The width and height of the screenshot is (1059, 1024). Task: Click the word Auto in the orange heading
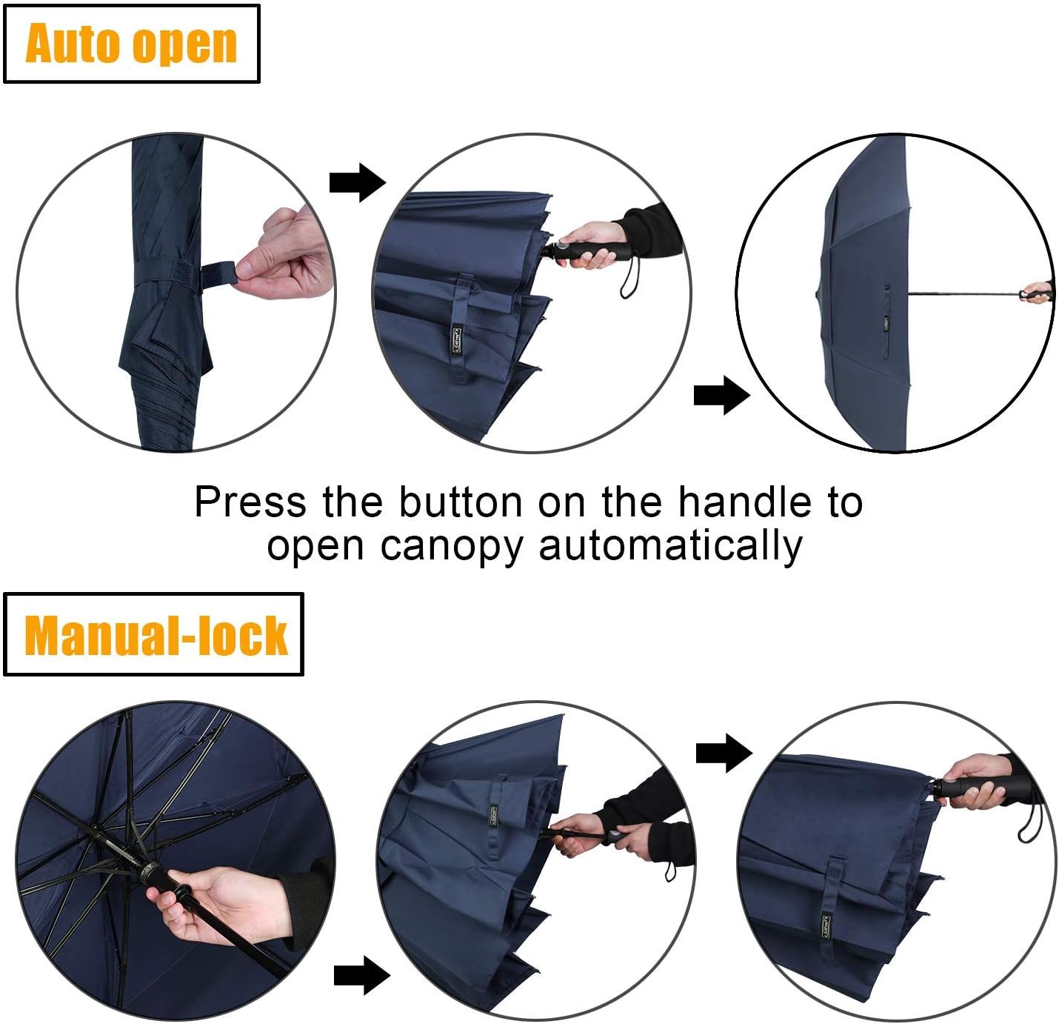[x=73, y=44]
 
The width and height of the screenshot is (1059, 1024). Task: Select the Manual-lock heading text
[x=155, y=635]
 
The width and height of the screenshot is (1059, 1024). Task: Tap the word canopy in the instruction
[x=451, y=546]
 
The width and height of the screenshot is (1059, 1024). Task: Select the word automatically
[x=670, y=546]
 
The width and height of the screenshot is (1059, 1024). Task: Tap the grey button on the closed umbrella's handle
[x=564, y=245]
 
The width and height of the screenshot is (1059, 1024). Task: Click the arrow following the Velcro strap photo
[x=357, y=182]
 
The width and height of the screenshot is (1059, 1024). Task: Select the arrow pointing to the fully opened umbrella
[x=721, y=396]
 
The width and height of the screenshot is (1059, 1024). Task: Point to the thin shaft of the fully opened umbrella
[x=963, y=293]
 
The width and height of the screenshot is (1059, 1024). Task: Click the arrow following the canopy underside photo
[x=361, y=975]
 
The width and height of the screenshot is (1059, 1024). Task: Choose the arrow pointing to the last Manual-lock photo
[x=724, y=753]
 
